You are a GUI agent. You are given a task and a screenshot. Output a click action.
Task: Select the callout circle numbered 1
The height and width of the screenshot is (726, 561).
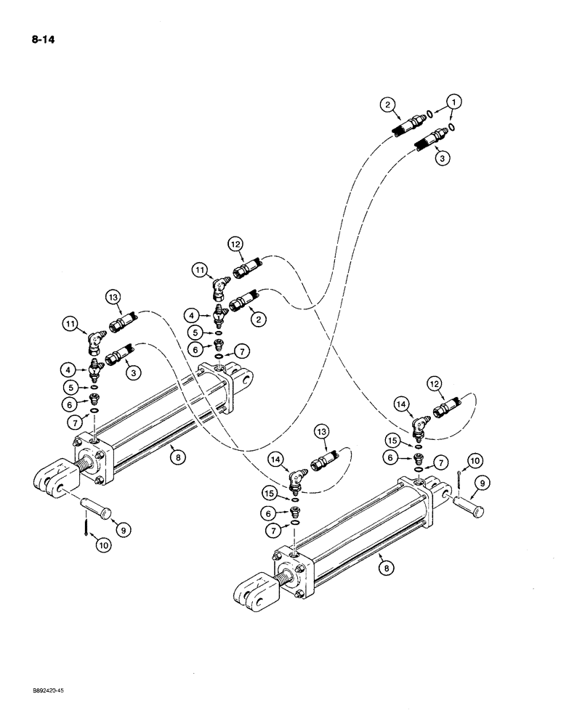coord(454,102)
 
